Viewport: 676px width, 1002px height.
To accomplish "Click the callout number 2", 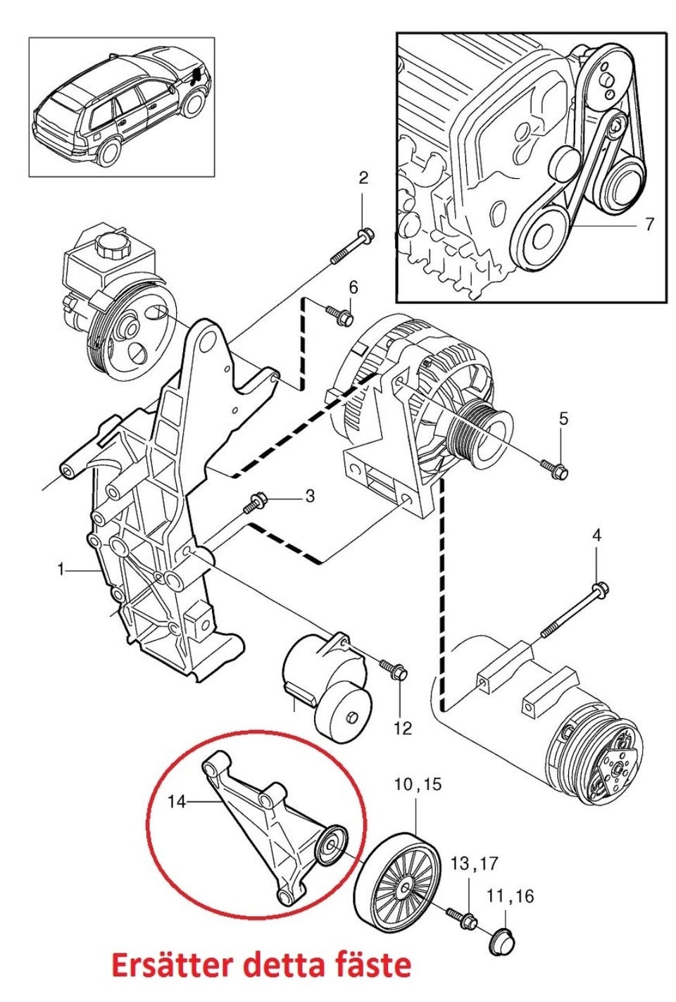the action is tap(364, 179).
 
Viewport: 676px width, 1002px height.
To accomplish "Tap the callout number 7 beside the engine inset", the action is tap(649, 224).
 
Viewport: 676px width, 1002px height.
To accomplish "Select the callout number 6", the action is tap(353, 287).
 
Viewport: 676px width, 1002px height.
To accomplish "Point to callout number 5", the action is tap(563, 419).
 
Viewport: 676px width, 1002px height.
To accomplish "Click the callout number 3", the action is tap(310, 496).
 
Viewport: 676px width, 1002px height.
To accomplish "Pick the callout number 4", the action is tap(597, 535).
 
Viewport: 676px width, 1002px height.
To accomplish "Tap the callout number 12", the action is tap(403, 728).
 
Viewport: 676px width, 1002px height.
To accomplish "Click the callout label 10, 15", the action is tap(418, 784).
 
